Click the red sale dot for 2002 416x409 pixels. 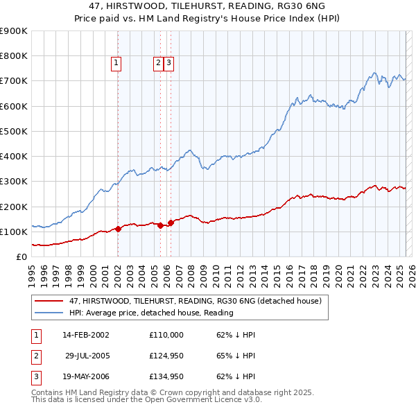pos(118,229)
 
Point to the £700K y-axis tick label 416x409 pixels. pos(14,81)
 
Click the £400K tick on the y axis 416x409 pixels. pos(14,157)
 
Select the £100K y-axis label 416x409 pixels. pos(14,232)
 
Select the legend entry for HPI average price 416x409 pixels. pos(151,313)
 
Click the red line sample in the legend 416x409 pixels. pos(50,302)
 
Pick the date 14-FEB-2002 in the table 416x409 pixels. pos(86,334)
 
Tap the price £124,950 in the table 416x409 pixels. pos(166,356)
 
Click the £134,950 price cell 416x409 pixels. pos(166,377)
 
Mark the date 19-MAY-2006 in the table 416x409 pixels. pos(86,377)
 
